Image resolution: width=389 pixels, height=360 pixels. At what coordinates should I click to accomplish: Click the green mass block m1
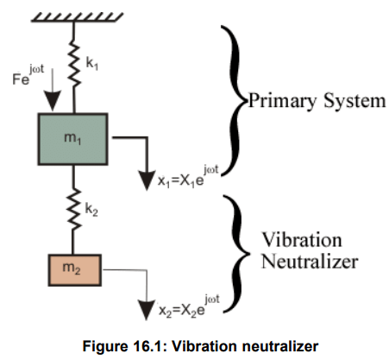point(72,139)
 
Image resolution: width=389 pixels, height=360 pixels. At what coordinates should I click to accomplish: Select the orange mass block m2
point(75,270)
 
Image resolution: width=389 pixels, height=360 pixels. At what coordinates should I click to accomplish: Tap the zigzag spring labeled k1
point(74,64)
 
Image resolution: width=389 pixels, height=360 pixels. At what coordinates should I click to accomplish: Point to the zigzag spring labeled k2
point(74,210)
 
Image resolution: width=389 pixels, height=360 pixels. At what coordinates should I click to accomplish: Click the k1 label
point(92,63)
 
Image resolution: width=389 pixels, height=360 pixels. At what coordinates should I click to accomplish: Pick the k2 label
point(91,209)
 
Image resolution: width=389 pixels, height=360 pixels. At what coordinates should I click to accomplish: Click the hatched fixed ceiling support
point(77,17)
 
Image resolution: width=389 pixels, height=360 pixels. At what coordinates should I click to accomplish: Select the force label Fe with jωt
point(28,75)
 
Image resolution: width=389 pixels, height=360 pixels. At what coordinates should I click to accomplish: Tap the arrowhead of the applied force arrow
point(53,100)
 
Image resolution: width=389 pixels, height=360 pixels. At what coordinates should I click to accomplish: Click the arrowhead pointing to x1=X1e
point(147,180)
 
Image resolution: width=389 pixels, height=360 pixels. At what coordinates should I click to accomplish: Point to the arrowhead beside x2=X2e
point(147,310)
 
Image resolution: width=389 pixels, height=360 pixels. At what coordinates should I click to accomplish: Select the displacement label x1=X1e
point(188,176)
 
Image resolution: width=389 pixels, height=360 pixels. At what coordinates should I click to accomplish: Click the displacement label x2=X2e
point(189,306)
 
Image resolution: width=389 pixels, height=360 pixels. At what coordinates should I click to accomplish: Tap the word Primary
point(282,102)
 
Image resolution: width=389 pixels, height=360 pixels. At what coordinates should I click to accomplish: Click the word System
point(354,101)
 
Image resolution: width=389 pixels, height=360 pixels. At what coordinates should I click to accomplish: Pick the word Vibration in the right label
point(302,239)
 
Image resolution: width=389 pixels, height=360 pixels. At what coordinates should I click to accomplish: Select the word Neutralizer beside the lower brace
point(310,262)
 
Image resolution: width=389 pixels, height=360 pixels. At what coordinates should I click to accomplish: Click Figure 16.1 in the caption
point(124,346)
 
